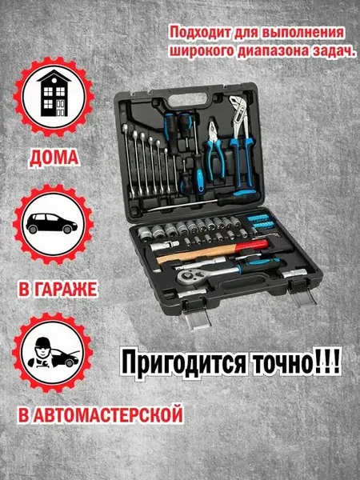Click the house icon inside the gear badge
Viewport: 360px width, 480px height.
(54, 93)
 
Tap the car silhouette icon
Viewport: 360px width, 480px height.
(51, 223)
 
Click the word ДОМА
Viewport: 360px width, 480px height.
(54, 158)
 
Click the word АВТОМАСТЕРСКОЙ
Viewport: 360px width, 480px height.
(108, 414)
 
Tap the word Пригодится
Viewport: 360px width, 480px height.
(185, 364)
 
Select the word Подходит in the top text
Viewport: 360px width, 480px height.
(200, 33)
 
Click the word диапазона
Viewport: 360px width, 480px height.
(273, 51)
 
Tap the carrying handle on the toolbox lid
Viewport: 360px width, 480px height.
(188, 98)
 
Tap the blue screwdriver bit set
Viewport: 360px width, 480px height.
(259, 222)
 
